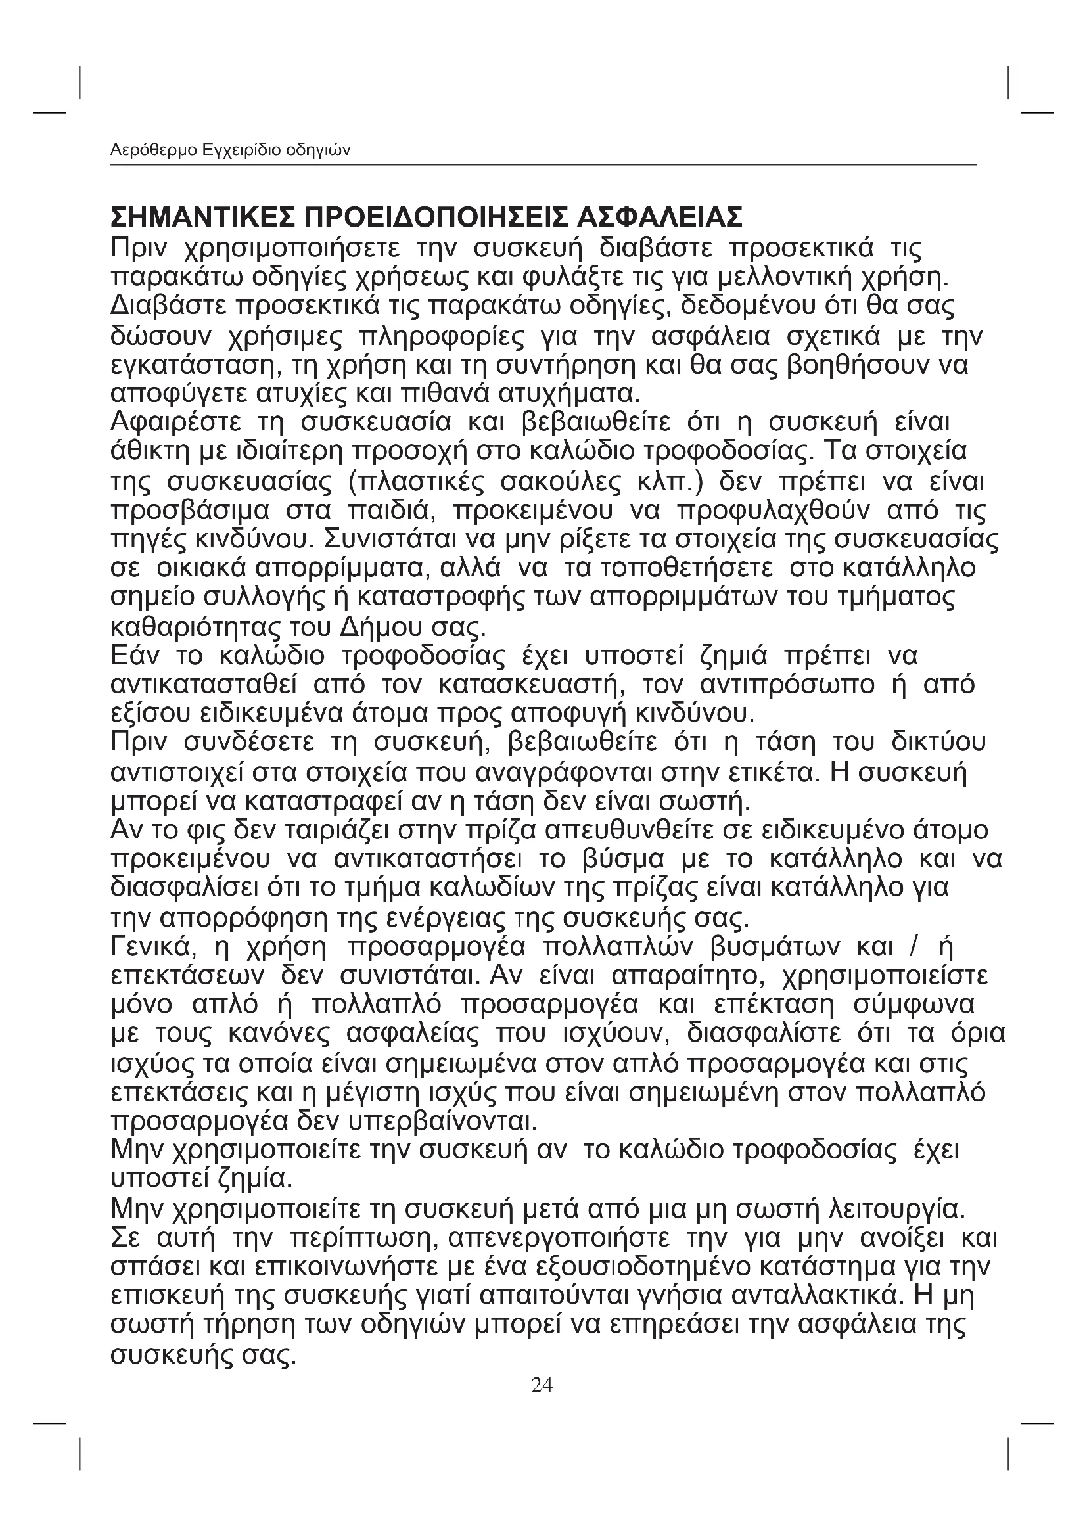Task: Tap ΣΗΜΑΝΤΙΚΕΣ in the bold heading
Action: (202, 218)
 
